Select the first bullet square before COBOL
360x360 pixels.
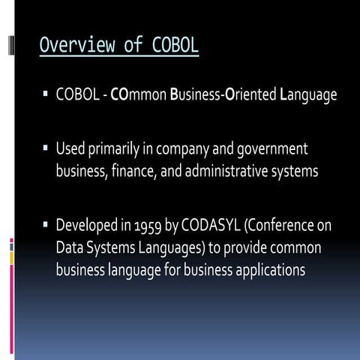click(x=46, y=96)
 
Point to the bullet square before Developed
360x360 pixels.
click(x=46, y=223)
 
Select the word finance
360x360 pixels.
click(x=133, y=171)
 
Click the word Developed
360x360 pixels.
click(x=88, y=225)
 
